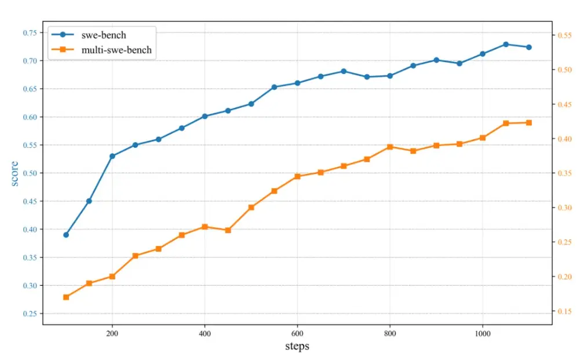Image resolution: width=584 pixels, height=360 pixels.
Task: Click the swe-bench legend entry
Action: (104, 35)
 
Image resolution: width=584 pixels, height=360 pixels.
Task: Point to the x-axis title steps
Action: (297, 347)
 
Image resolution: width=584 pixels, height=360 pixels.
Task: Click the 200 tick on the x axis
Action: (112, 334)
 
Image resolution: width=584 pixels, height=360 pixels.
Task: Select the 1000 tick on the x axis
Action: (482, 334)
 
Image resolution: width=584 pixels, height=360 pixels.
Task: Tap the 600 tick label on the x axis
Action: (297, 334)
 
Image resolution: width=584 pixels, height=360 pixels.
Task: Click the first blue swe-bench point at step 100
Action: (66, 235)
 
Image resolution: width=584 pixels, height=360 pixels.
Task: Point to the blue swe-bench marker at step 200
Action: (112, 156)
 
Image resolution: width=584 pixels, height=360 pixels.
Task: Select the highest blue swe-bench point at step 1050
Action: (506, 44)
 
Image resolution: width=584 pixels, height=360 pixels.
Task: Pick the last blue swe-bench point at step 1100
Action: (529, 47)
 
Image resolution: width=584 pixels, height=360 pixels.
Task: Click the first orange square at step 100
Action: (66, 297)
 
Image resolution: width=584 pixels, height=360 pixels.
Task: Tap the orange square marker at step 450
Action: (228, 230)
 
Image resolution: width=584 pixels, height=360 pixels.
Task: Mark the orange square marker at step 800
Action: (390, 147)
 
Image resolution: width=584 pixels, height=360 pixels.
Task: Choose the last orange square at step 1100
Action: (529, 122)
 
